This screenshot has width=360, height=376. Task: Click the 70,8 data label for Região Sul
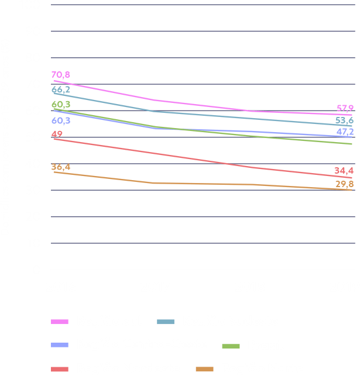(60, 75)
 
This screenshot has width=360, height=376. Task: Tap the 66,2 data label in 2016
(60, 89)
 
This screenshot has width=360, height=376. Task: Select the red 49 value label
(57, 134)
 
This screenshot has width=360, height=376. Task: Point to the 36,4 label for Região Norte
(60, 167)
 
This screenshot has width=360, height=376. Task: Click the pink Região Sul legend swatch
(60, 322)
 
